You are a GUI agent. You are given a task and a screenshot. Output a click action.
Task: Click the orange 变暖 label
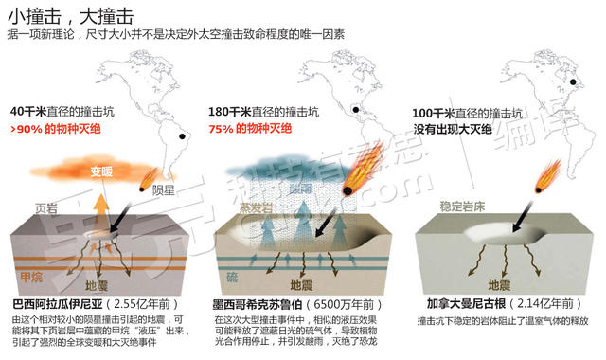(101, 172)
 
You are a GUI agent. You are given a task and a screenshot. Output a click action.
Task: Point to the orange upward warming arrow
(101, 196)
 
